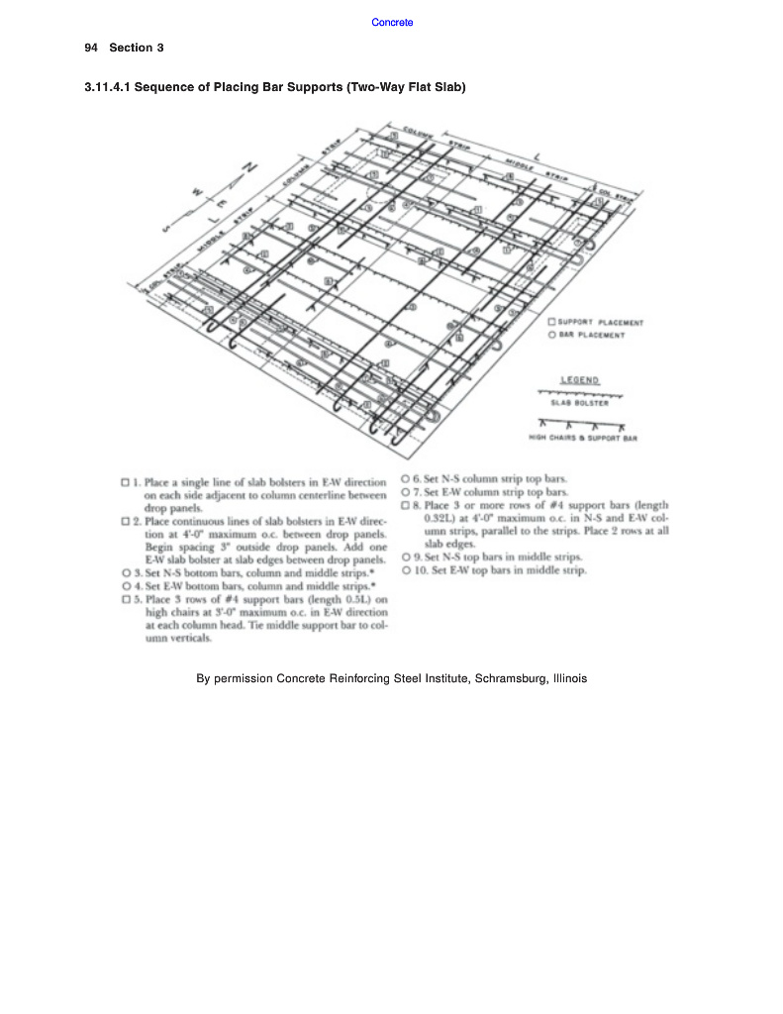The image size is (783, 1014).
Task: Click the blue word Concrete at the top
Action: pos(392,22)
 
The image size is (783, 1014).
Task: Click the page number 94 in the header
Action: pos(91,48)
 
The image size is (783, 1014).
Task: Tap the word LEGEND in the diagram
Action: pos(579,380)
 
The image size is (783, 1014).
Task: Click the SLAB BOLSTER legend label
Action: pos(580,403)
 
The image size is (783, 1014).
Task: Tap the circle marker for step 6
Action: pos(406,477)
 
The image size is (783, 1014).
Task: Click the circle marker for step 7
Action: pos(406,491)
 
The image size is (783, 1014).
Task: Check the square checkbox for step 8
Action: pos(406,504)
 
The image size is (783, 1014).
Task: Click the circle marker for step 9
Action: pos(406,557)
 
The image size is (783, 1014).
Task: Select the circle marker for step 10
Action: pos(406,570)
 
